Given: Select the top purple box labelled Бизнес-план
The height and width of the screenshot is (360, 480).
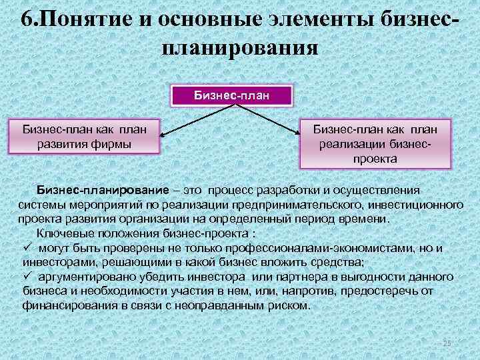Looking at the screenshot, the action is pos(232,95).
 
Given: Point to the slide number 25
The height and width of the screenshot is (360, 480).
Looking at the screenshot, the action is pos(447,342).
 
